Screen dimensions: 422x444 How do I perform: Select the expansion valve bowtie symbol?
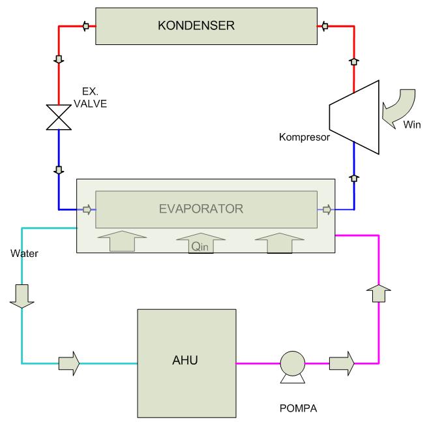[x=59, y=117]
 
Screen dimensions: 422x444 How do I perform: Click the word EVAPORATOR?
[x=201, y=209]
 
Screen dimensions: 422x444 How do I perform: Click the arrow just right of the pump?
[x=342, y=362]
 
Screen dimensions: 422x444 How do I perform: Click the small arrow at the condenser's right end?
[x=323, y=26]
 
